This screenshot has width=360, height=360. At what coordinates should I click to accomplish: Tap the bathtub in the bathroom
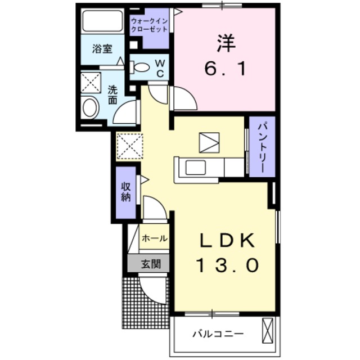tap(102, 21)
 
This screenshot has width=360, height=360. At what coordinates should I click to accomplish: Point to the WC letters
tap(159, 68)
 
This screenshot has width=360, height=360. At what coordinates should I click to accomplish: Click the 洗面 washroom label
tap(112, 94)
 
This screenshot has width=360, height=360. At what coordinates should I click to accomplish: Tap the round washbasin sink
tap(90, 107)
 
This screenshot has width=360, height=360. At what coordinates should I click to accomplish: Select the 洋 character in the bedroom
tap(223, 43)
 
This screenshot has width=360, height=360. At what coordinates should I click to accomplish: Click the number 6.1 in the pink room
tap(223, 69)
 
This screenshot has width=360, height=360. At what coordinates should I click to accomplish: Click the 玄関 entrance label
tap(149, 263)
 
